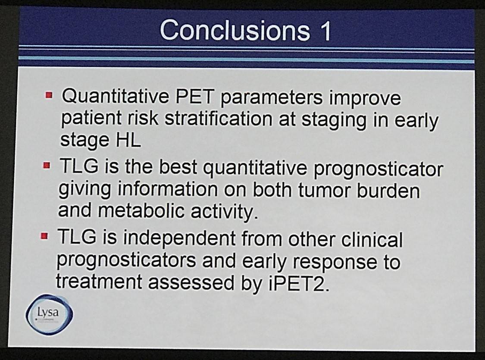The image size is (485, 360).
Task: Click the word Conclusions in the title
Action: (x=235, y=30)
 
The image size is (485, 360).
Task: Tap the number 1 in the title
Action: (x=325, y=31)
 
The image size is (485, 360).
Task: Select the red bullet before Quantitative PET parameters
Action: (x=49, y=95)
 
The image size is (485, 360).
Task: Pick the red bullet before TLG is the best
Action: (x=47, y=166)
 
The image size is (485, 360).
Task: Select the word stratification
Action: (x=219, y=119)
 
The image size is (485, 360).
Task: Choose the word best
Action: (x=178, y=167)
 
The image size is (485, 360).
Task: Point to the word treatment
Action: (x=99, y=282)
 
